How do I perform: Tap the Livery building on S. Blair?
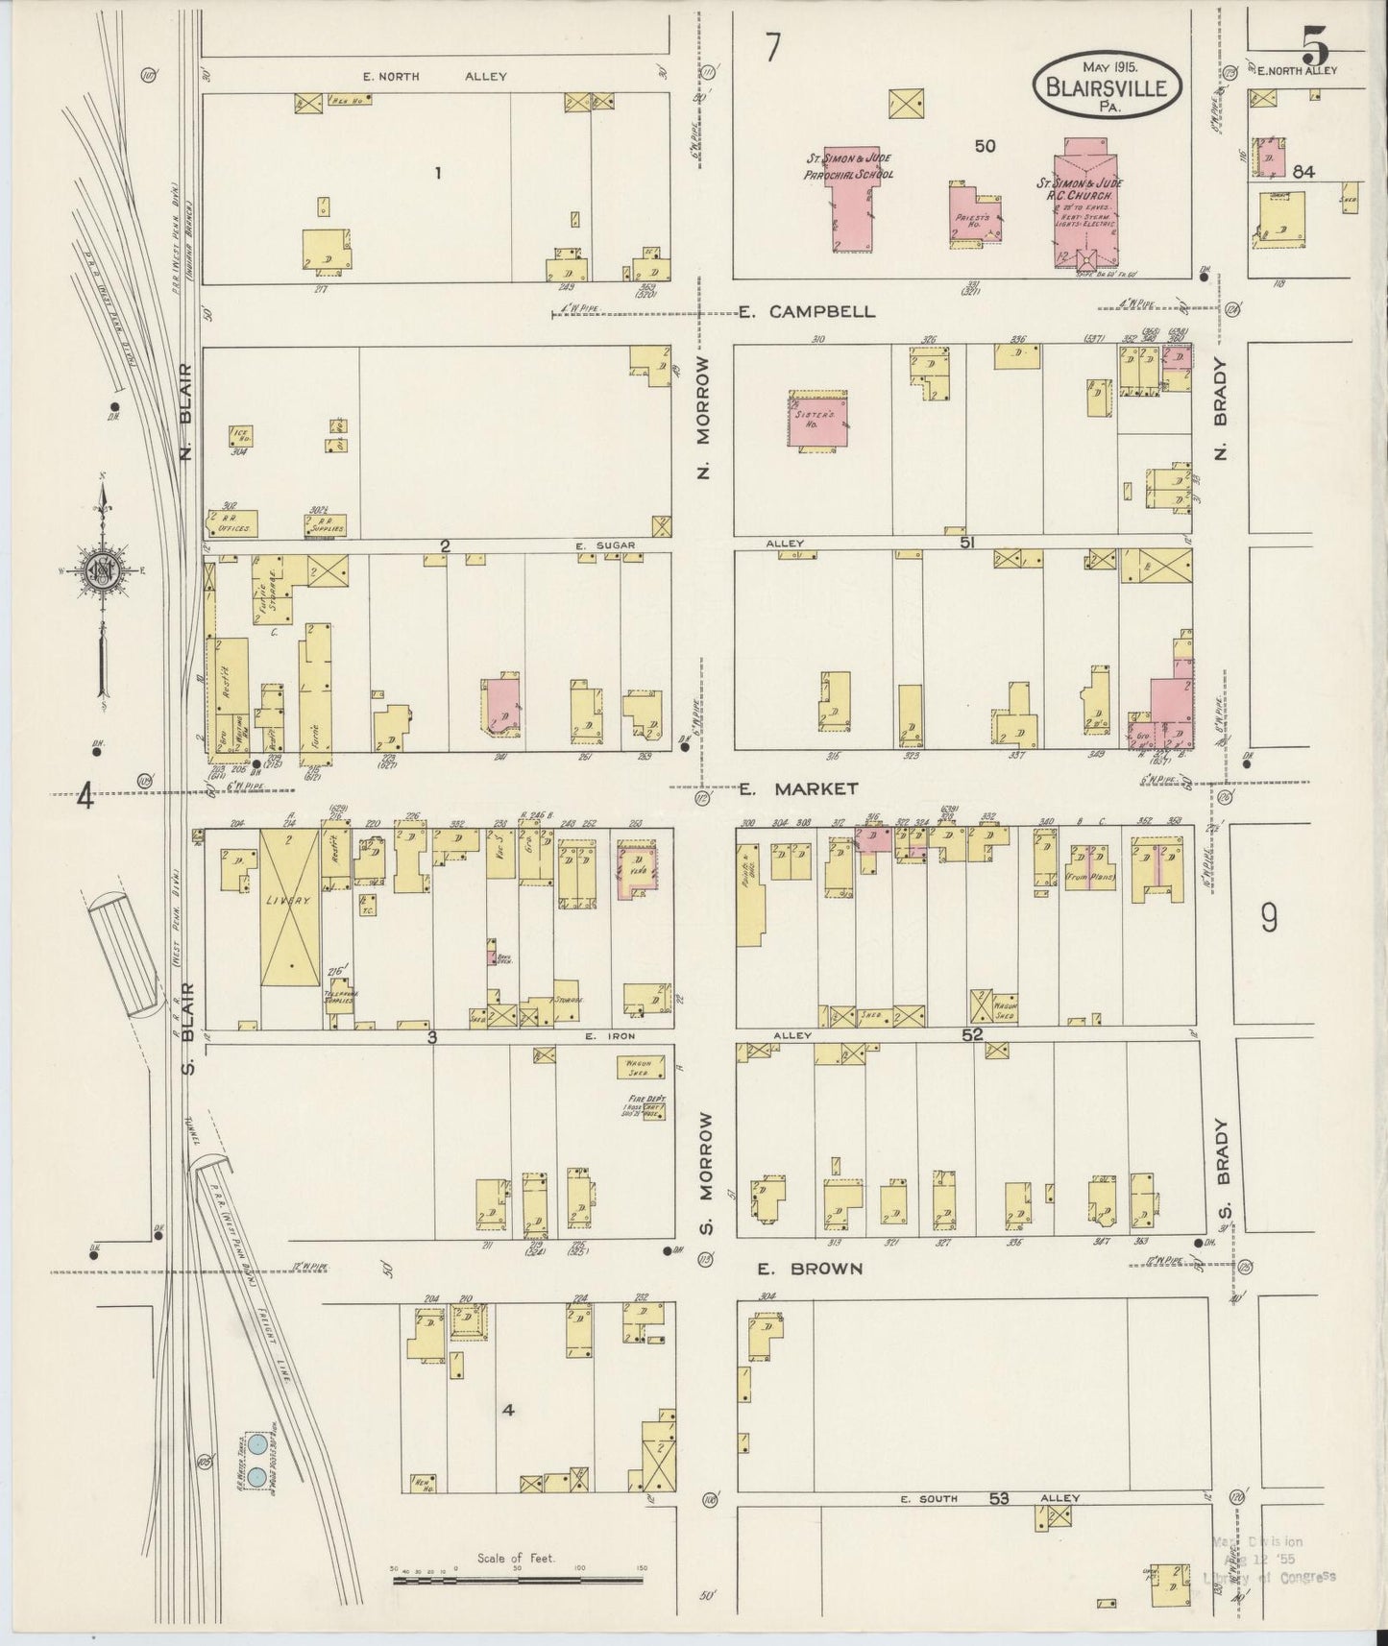(290, 908)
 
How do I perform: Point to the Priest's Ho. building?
(975, 215)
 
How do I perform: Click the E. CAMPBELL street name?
(807, 312)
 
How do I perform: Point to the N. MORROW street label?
(705, 417)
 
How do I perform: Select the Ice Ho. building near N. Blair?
(241, 435)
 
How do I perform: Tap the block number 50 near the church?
(985, 146)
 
